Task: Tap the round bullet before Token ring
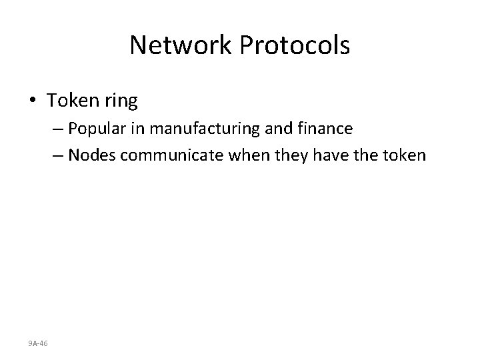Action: [x=34, y=101]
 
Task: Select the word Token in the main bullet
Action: [x=70, y=101]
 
